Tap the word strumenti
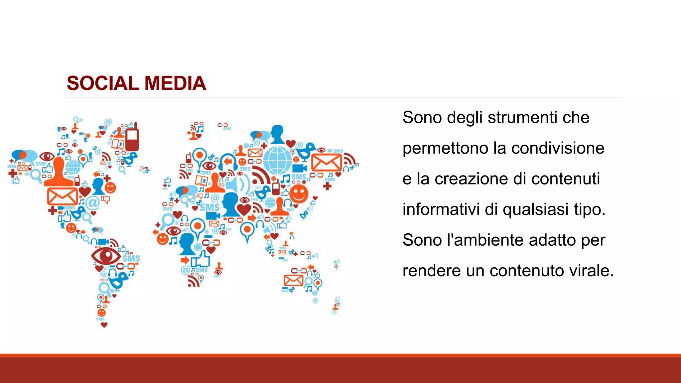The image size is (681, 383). [x=522, y=118]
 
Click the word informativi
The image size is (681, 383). [x=441, y=209]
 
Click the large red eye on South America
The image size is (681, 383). [x=106, y=256]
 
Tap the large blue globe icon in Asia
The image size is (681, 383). [x=278, y=161]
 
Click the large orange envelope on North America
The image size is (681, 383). [x=62, y=196]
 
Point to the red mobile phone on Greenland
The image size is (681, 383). [x=132, y=137]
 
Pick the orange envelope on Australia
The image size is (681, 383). [x=293, y=280]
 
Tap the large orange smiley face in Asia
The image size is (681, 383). [x=299, y=193]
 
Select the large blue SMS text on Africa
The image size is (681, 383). [x=209, y=207]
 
